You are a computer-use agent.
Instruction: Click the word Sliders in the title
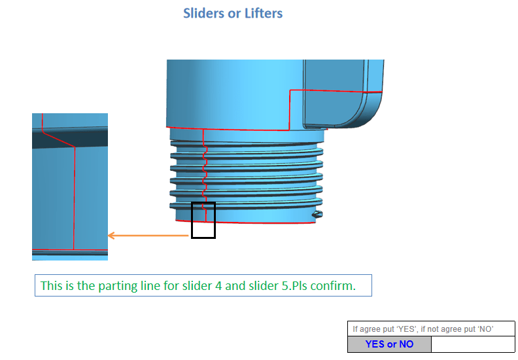[x=203, y=13]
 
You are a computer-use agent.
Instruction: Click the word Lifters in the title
[x=262, y=13]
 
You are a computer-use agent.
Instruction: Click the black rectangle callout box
[x=203, y=220]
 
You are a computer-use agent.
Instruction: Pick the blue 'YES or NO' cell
[x=389, y=344]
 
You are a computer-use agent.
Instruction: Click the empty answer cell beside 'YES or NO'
[x=472, y=344]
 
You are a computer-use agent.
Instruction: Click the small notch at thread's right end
[x=317, y=214]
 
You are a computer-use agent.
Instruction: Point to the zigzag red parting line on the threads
[x=205, y=173]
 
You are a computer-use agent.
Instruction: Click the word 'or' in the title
[x=234, y=13]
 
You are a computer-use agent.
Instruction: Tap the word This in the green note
[x=51, y=286]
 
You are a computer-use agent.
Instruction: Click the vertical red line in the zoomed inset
[x=75, y=196]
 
